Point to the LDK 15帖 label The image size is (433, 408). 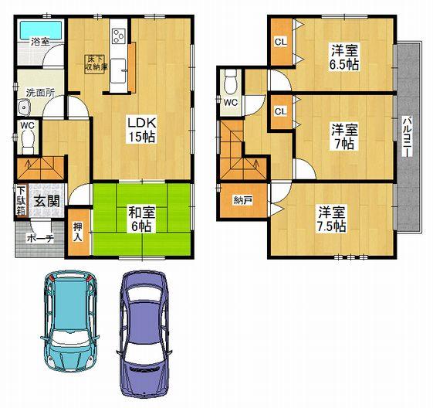tap(140, 129)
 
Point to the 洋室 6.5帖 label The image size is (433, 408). tap(345, 57)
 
